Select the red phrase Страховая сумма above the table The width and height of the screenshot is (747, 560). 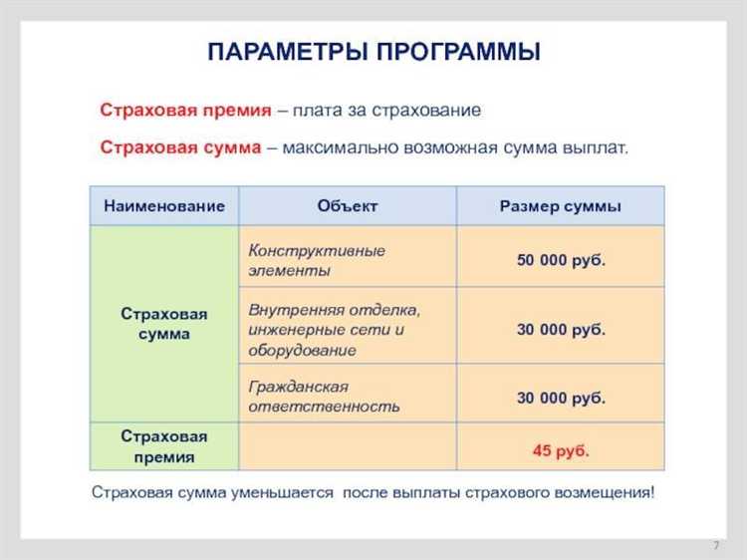coord(180,147)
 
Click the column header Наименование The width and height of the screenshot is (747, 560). coord(164,206)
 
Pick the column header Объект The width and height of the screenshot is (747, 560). coord(348,206)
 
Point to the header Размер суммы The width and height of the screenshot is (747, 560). coord(560,206)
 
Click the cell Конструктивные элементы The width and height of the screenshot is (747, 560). coord(317,260)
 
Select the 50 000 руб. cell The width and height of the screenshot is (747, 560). coord(561,260)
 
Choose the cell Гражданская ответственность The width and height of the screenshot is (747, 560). coord(324,396)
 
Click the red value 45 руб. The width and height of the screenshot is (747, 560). coord(561,449)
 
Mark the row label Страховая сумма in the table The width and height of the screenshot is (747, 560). coord(164,324)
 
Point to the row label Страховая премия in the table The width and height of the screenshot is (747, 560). coord(164,446)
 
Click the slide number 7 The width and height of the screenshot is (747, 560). coord(716,546)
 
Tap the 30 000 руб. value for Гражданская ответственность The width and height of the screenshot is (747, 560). coord(561,397)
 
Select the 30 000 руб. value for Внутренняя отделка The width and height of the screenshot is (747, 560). coord(561,329)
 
